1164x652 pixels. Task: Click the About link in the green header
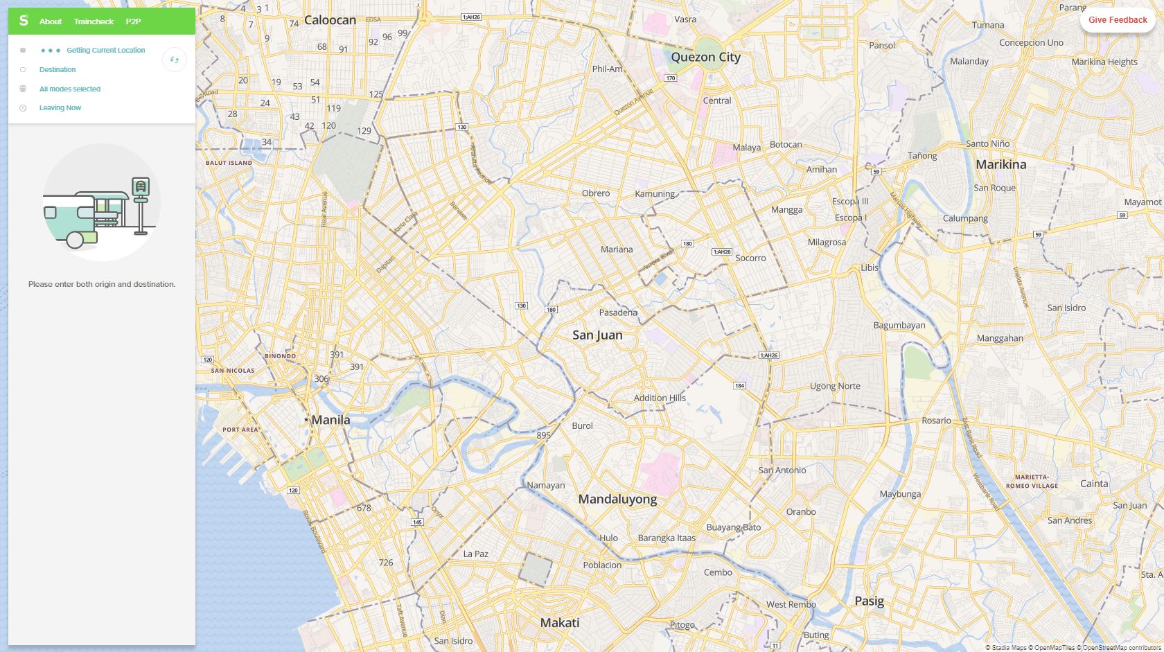coord(51,21)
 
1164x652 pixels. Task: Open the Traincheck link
coord(94,21)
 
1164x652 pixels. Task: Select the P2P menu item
coord(133,21)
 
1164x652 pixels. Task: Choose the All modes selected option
coord(70,89)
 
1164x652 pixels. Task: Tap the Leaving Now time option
coord(60,108)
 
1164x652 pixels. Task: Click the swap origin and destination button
coord(175,60)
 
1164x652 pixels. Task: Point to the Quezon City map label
coord(705,58)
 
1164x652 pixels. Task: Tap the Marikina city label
coord(1000,165)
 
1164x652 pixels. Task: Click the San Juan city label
coord(597,335)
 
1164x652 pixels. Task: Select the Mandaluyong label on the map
coord(617,500)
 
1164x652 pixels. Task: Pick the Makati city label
coord(559,623)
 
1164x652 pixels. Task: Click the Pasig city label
coord(869,601)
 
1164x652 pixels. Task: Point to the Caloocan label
coord(330,20)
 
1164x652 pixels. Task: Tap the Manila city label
coord(330,420)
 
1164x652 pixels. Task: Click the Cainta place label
coord(1094,484)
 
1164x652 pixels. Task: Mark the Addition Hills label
coord(660,398)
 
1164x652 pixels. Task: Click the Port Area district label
coord(240,430)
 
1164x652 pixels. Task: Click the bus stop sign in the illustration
coord(141,187)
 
